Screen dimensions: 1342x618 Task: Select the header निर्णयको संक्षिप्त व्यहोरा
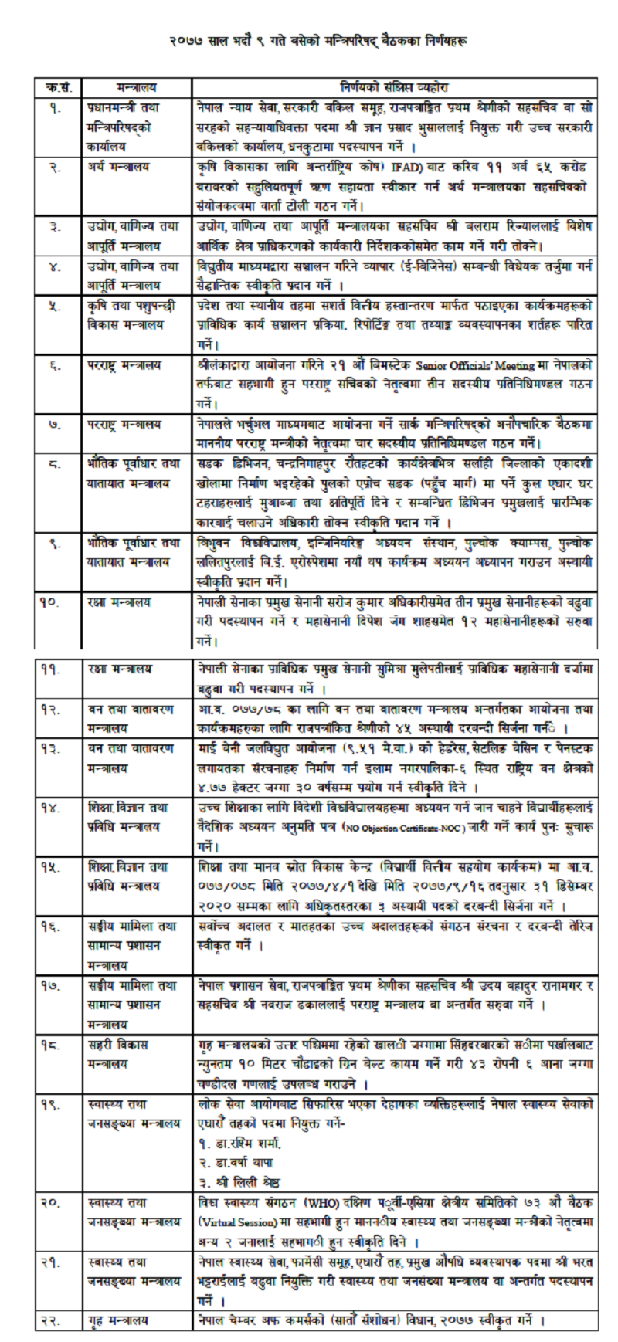click(394, 88)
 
